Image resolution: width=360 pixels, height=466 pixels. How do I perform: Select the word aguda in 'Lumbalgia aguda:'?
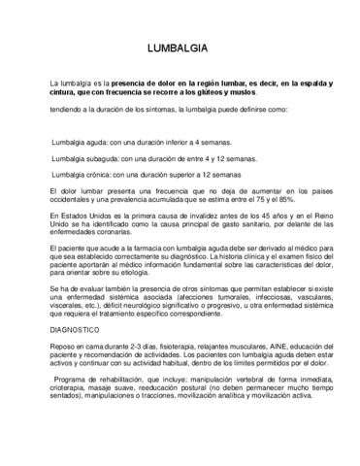coord(104,142)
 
